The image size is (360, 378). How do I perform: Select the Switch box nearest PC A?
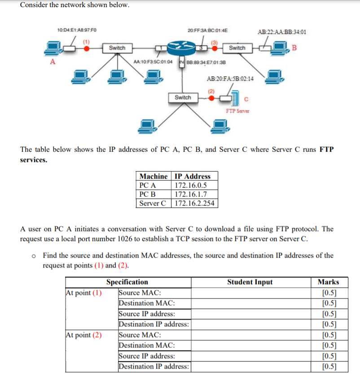[117, 48]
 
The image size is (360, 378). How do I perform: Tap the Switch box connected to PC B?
[237, 48]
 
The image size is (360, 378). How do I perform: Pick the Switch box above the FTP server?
[182, 97]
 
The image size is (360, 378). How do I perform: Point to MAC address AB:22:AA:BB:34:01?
[282, 32]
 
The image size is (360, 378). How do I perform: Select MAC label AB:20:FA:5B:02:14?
[230, 78]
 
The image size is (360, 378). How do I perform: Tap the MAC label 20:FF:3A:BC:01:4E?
[208, 30]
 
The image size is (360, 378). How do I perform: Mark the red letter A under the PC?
[53, 62]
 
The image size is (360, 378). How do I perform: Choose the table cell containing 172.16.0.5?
[190, 185]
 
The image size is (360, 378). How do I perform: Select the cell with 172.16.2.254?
[194, 203]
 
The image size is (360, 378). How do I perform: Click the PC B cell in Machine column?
[148, 194]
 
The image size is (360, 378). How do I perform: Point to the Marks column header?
[328, 282]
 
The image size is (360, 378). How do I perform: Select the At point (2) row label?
[83, 335]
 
